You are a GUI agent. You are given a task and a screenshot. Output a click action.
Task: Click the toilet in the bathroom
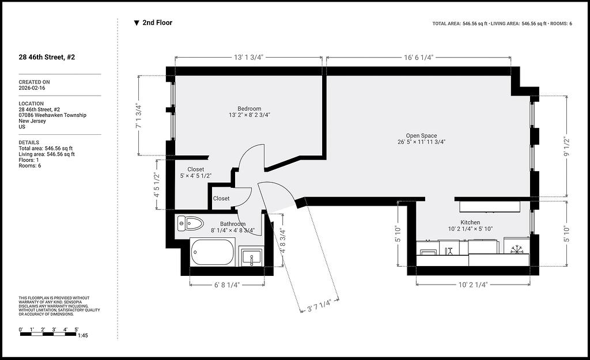[x=190, y=223]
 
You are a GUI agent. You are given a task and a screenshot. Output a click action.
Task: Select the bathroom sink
[x=251, y=257]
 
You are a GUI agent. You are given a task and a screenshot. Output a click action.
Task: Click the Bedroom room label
[x=249, y=109]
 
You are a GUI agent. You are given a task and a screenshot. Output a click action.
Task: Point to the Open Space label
[x=421, y=136]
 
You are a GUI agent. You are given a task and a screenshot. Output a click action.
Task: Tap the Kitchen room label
[x=470, y=223]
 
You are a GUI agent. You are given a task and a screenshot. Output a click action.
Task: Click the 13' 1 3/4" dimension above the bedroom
[x=248, y=57]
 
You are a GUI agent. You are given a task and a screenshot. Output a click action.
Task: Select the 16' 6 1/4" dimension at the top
[x=419, y=57]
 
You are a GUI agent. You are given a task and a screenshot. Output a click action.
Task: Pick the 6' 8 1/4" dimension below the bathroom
[x=227, y=285]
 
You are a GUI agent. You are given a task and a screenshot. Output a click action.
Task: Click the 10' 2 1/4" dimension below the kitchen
[x=472, y=285]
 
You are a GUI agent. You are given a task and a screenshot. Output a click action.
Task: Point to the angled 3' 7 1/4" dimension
[x=319, y=305]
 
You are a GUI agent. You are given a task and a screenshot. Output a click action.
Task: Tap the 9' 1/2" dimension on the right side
[x=566, y=147]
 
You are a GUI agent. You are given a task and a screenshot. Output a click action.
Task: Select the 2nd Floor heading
[x=157, y=22]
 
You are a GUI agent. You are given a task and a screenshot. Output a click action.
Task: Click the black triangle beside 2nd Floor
[x=137, y=23]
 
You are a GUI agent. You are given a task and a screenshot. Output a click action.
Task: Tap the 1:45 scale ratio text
[x=83, y=336]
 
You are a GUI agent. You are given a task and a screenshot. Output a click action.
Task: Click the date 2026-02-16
[x=32, y=88]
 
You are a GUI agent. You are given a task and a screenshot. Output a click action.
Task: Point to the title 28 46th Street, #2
[x=47, y=57]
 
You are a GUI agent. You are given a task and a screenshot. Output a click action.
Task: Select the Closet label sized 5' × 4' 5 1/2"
[x=196, y=170]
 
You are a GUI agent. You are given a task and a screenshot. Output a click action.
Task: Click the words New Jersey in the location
[x=32, y=121]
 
